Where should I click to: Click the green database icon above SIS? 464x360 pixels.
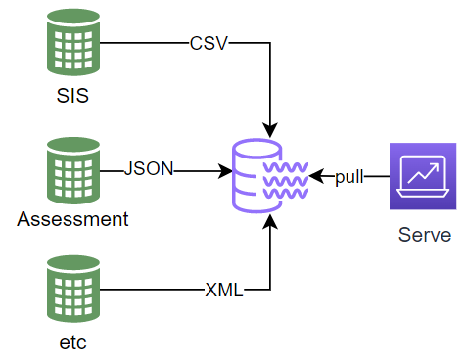tap(72, 44)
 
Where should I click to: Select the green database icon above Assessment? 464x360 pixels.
tap(72, 168)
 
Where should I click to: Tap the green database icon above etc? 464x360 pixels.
tap(72, 290)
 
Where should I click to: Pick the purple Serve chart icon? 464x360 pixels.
tap(424, 177)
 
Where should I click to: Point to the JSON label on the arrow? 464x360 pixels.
tap(149, 168)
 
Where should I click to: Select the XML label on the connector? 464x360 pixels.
tap(224, 290)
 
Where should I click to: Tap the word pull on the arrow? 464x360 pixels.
tap(348, 177)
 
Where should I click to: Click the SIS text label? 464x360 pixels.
tap(72, 98)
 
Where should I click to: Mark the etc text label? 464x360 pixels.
tap(72, 343)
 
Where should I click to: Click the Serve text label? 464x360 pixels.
tap(425, 235)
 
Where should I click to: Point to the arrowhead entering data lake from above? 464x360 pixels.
tap(269, 129)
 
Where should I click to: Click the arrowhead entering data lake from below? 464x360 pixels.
tap(269, 222)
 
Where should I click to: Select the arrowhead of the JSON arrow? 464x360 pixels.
tap(223, 169)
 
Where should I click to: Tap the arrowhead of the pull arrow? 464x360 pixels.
tap(317, 177)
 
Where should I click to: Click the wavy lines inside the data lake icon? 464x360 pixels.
tap(287, 177)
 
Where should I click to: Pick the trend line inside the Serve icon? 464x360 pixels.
tap(424, 175)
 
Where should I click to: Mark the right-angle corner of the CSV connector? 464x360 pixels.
tap(269, 44)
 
